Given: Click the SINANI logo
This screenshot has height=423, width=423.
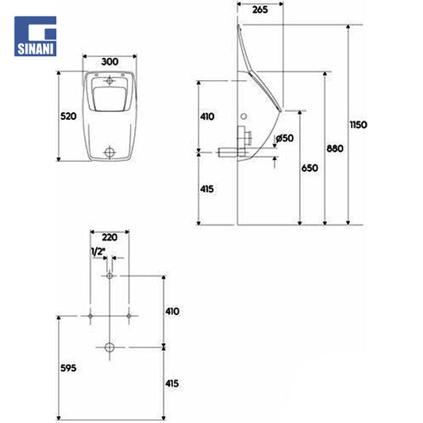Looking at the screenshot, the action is coord(36,37).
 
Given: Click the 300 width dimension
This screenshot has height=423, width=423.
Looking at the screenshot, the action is coord(110,62).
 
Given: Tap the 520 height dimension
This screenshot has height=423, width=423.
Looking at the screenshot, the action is coord(68,117).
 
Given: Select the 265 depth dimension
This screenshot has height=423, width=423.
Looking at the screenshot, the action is coord(260,10).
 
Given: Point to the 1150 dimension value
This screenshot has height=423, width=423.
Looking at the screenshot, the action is coord(359,125).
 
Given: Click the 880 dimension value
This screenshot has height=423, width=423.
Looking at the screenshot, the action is coord(335,148).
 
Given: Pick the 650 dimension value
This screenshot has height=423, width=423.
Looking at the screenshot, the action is coord(310,168).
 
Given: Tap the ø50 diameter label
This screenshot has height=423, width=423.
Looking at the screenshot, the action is coord(285,138).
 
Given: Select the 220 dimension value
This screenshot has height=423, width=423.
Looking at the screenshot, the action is coord(110,237).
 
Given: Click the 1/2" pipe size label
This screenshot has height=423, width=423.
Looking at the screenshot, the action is coord(98,252).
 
